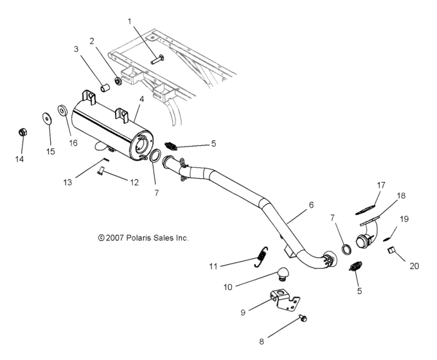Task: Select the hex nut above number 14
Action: [x=22, y=132]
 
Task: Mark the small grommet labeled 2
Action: [x=118, y=82]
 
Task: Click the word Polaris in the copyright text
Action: [x=135, y=238]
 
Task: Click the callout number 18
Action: [x=400, y=195]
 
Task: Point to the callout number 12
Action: [x=134, y=183]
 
